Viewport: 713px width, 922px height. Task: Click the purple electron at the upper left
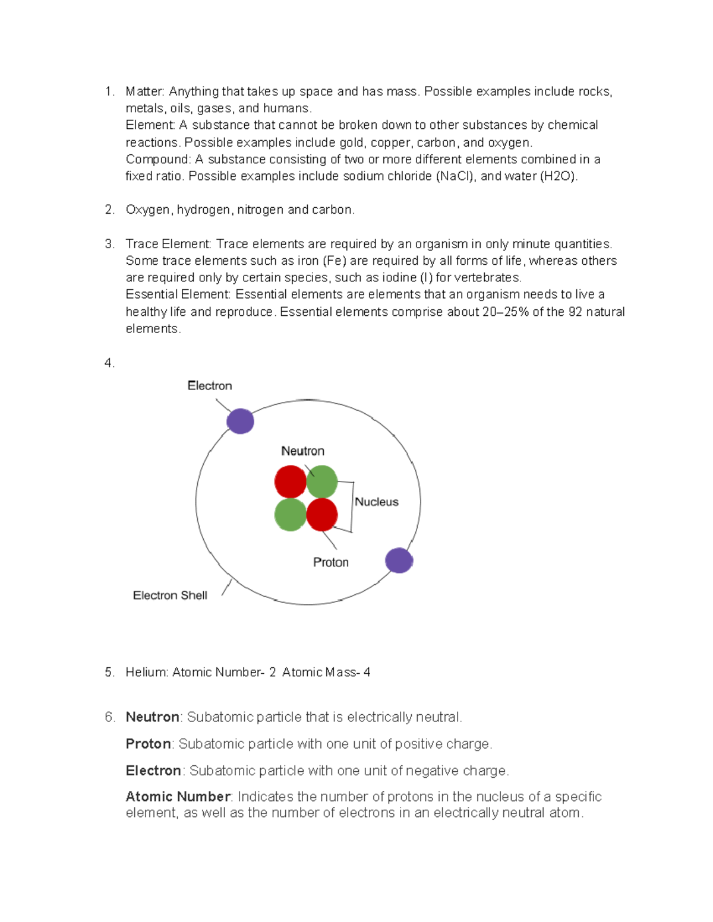[240, 421]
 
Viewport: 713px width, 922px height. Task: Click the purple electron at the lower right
[399, 560]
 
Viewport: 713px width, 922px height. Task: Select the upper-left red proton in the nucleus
[290, 481]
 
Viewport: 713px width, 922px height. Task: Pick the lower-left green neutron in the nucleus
[290, 515]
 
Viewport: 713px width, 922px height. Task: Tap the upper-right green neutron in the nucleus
[323, 481]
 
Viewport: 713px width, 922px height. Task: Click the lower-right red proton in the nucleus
[322, 515]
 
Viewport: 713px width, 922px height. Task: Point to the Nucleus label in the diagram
[376, 502]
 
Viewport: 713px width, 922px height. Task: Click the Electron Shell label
[170, 595]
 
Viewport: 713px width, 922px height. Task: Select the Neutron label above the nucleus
[302, 451]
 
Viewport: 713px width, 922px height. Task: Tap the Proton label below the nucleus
[330, 562]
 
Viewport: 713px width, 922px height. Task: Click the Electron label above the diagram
[209, 385]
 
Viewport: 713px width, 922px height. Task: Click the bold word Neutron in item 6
[152, 717]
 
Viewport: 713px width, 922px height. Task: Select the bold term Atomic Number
[178, 796]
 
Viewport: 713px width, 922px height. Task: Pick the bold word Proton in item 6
[148, 743]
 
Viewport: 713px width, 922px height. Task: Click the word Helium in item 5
[146, 672]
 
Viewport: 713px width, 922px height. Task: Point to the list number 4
[109, 363]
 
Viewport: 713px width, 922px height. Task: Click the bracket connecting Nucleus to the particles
[352, 506]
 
